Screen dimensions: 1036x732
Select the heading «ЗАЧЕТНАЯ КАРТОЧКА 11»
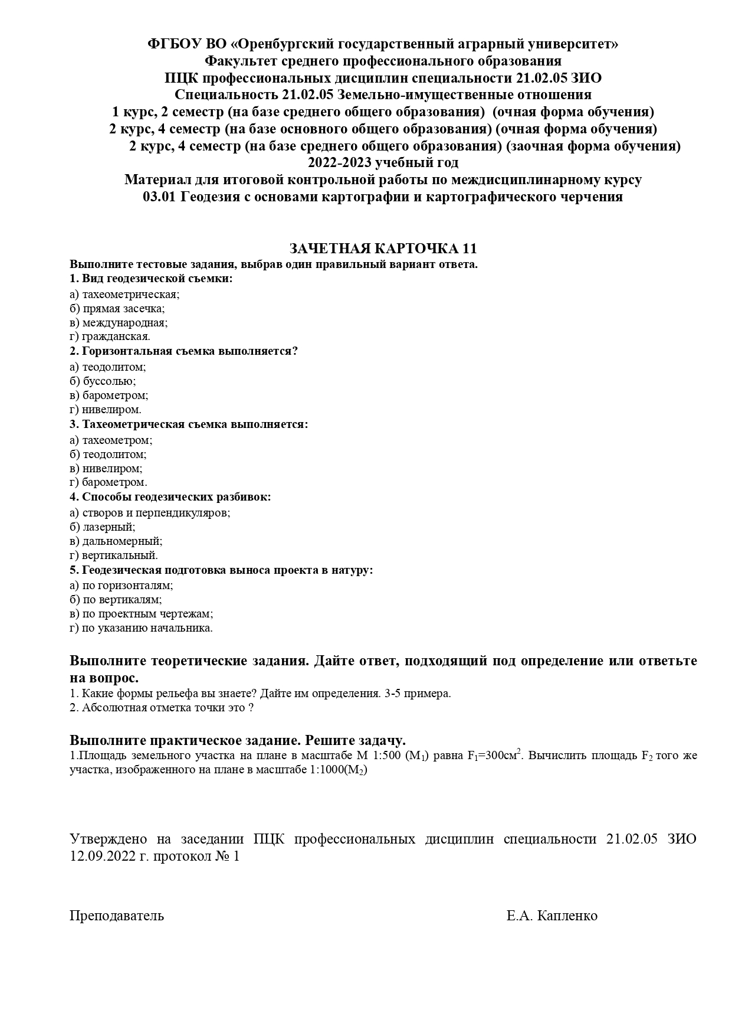383,248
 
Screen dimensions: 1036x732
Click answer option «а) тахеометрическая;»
124,294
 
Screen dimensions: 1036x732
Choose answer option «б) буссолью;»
103,381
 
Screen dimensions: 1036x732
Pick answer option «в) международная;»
119,323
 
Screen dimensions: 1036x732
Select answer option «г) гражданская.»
110,336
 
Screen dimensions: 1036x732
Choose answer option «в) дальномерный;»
116,541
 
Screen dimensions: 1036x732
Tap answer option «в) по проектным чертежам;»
141,614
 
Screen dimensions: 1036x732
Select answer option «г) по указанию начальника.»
141,628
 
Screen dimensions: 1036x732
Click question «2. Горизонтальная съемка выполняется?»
183,351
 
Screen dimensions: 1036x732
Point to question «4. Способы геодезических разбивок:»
170,497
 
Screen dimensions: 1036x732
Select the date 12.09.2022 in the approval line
100,856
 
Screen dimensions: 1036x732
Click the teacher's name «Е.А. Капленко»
552,916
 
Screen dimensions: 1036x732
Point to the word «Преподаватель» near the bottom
117,916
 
